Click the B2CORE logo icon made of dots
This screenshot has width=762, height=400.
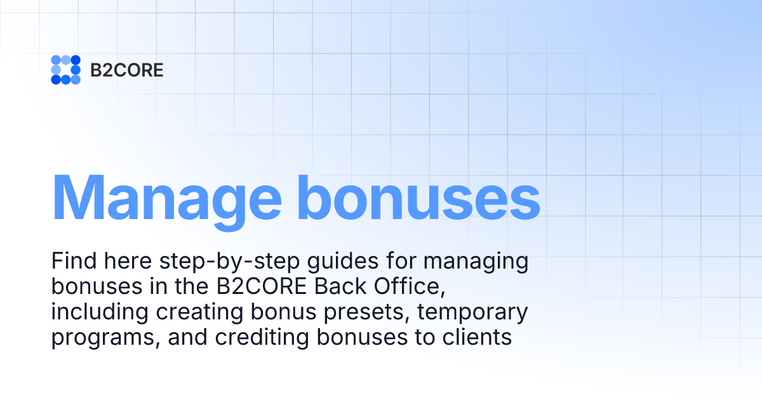65,70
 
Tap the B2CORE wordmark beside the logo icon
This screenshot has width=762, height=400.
127,70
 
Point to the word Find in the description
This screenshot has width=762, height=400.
72,262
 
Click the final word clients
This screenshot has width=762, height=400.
477,338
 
